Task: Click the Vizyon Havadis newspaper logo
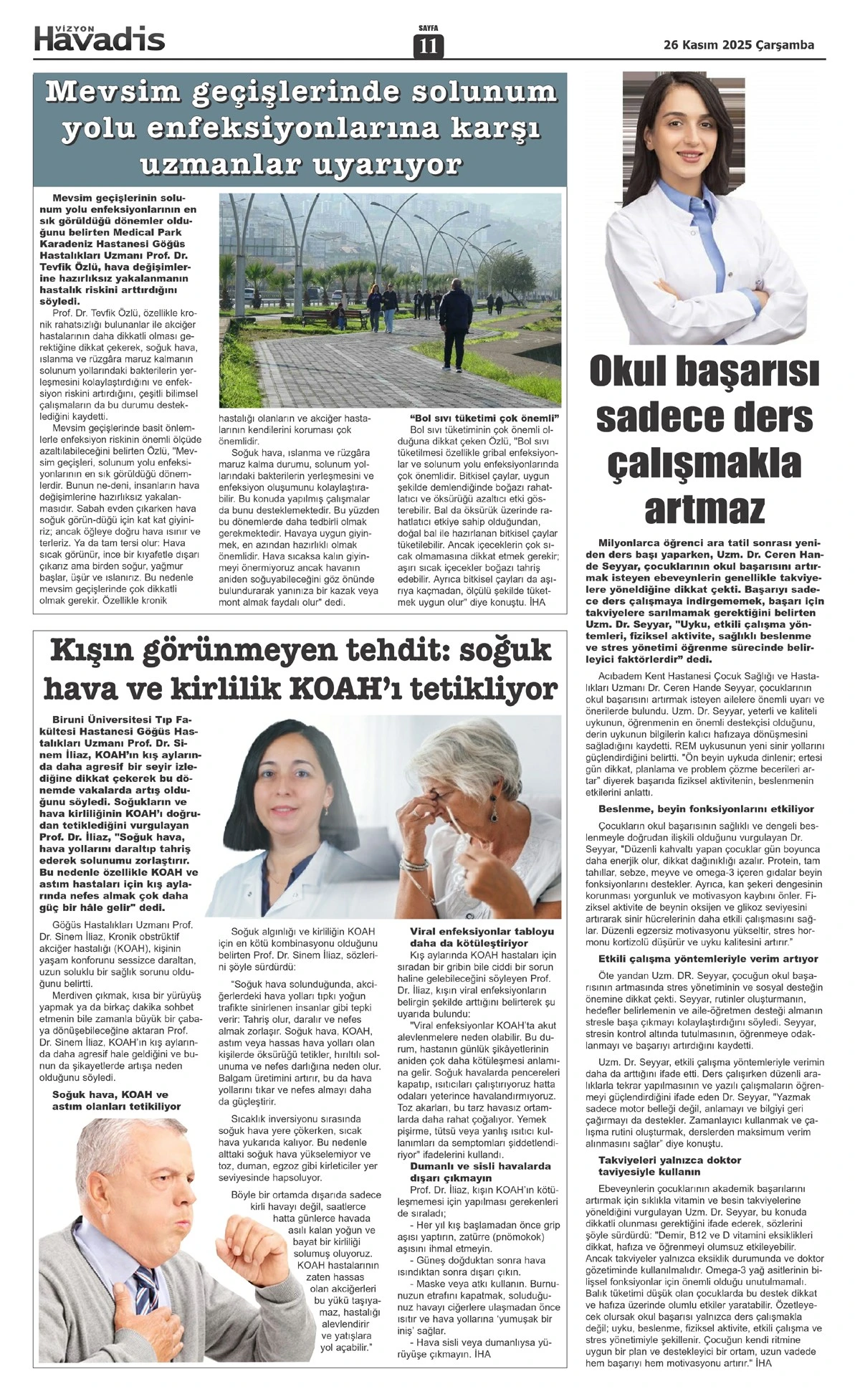[100, 38]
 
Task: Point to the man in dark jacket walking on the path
[455, 318]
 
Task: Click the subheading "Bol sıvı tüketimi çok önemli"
[483, 418]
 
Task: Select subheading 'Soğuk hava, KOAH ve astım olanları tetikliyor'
[116, 1101]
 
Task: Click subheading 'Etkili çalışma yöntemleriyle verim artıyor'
[708, 958]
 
